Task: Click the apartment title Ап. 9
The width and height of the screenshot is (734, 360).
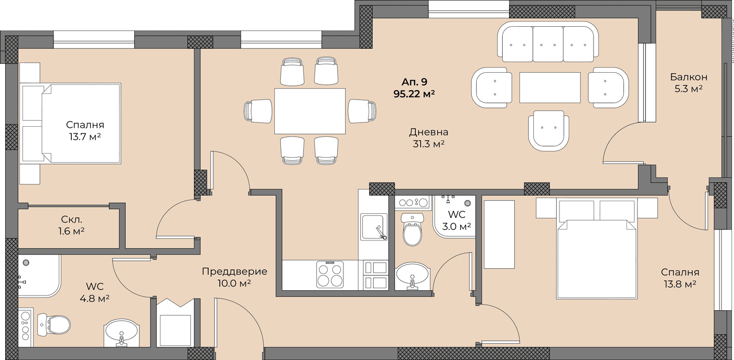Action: (414, 82)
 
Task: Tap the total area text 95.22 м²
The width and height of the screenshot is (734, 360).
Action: (414, 94)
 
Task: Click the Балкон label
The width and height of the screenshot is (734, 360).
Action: (688, 77)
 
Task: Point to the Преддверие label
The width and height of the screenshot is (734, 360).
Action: (234, 271)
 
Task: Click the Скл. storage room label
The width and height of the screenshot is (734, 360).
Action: (71, 219)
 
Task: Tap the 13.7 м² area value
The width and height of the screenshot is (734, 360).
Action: (84, 137)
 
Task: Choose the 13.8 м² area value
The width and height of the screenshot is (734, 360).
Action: (680, 284)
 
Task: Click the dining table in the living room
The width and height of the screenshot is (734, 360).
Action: (310, 111)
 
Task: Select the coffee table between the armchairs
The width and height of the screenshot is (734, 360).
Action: (550, 88)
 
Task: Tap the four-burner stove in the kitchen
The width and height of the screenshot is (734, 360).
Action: (330, 275)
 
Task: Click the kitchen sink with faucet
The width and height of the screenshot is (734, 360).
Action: (373, 226)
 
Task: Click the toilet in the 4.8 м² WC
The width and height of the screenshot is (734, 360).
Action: (53, 324)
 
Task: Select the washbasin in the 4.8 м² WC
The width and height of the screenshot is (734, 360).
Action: (122, 333)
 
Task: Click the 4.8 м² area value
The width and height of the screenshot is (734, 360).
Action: (94, 298)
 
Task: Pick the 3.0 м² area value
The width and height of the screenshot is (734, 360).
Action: (457, 226)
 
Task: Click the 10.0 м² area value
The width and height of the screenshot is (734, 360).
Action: (234, 283)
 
